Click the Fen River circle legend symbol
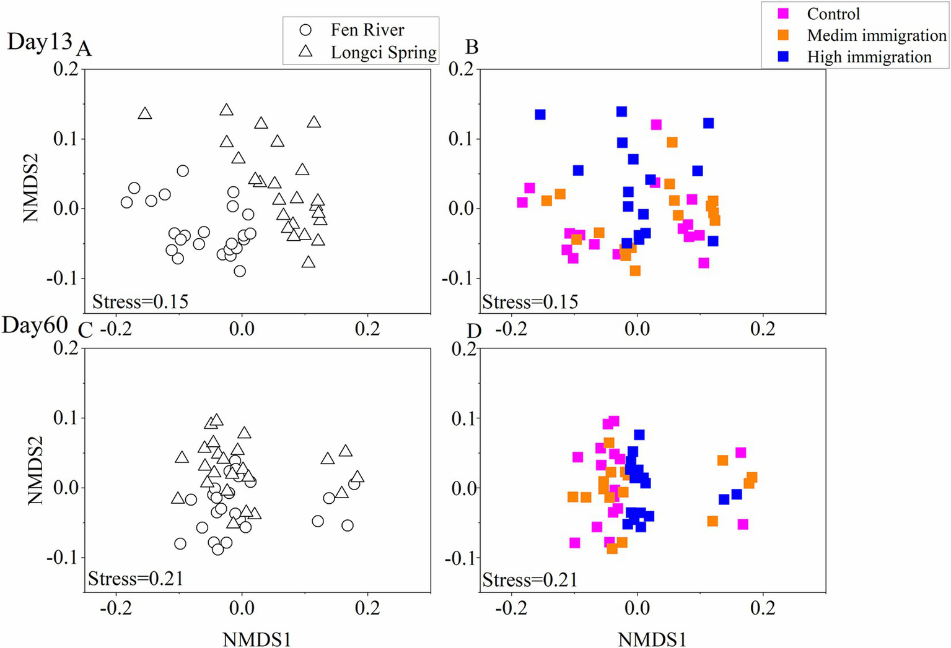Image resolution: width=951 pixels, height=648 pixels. coord(305,30)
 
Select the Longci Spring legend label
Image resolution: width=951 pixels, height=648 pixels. coord(383,53)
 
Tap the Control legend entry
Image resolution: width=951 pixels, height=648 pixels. coord(833,14)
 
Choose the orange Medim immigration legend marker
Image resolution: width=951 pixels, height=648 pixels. coord(784,35)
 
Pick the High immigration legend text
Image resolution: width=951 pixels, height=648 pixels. coord(869,57)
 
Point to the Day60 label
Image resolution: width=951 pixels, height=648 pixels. coord(35,325)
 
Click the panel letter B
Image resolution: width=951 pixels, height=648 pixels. coord(471,47)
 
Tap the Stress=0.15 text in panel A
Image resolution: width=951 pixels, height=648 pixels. coord(140,302)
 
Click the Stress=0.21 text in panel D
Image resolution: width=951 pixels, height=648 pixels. coord(530,580)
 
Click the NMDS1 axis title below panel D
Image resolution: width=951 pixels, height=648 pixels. coord(652,639)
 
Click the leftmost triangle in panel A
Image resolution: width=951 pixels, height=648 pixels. coord(145,114)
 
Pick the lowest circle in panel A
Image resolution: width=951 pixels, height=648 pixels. coord(240,271)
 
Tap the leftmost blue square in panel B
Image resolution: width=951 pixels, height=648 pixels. coord(540,114)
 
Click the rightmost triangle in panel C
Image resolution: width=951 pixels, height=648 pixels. coord(357,477)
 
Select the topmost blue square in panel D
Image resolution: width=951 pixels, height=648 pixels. coord(639,435)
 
